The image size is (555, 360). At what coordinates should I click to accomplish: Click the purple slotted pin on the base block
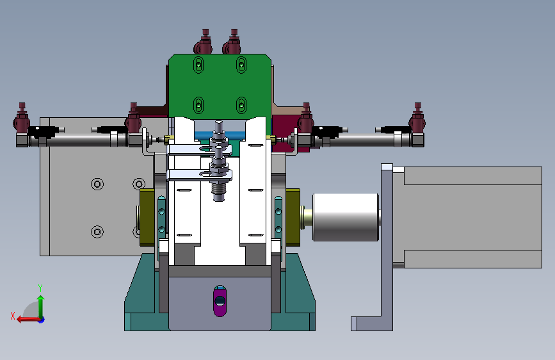click(x=220, y=301)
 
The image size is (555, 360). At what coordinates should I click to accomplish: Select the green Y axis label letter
click(x=40, y=288)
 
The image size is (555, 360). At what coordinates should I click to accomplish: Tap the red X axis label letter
click(x=13, y=316)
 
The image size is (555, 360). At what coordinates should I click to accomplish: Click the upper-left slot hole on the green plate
click(x=198, y=65)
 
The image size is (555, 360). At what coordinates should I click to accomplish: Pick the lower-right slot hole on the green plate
click(x=241, y=105)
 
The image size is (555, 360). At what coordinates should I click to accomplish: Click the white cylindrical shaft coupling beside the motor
click(x=346, y=217)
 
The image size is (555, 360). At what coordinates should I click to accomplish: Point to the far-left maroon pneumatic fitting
click(x=22, y=119)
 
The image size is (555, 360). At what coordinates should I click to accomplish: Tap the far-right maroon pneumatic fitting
click(x=417, y=119)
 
